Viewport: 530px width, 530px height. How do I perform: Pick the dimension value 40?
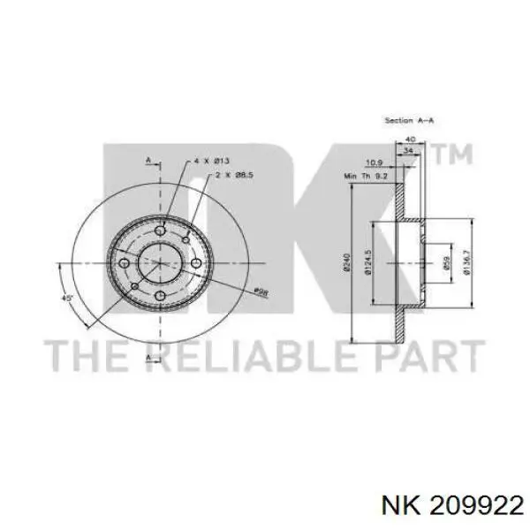click(x=409, y=140)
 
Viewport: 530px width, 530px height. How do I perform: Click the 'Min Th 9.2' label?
click(x=367, y=177)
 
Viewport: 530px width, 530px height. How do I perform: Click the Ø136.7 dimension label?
click(x=466, y=262)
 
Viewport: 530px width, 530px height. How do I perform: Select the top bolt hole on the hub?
click(x=160, y=232)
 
